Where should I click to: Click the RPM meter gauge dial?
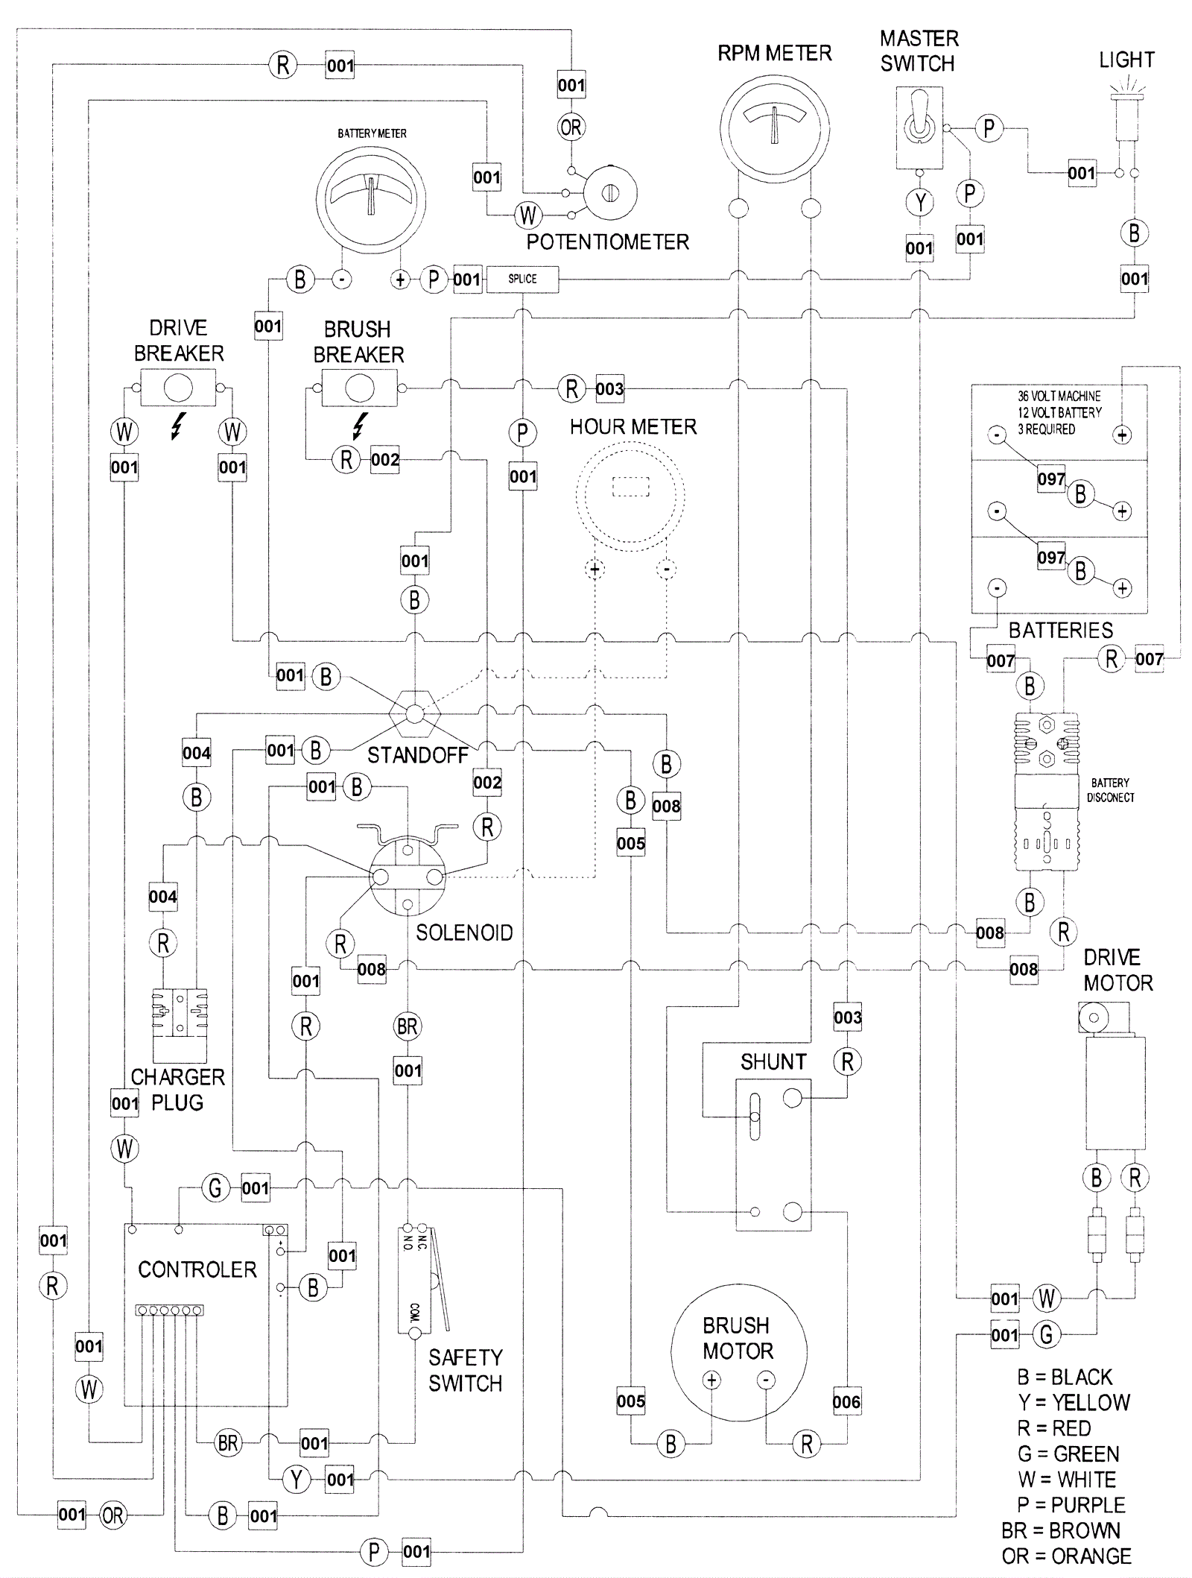click(775, 127)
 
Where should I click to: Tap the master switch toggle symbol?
click(919, 127)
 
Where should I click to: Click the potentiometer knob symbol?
click(610, 192)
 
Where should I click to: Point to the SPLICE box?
click(522, 279)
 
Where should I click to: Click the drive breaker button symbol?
click(178, 388)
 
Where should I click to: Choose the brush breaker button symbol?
click(359, 388)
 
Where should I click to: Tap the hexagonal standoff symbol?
click(415, 714)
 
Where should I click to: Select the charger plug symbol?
click(180, 1025)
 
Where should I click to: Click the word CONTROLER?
click(197, 1269)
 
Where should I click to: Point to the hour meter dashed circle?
click(630, 496)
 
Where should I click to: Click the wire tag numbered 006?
click(847, 1402)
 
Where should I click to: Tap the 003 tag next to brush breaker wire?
click(609, 388)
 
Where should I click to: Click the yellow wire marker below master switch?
click(920, 202)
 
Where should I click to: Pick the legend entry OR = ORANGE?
click(1067, 1556)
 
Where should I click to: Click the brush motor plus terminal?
click(712, 1380)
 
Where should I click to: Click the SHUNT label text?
click(773, 1061)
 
